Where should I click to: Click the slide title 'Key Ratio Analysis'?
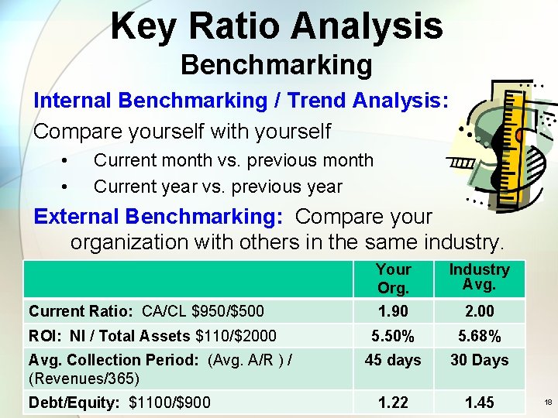276,26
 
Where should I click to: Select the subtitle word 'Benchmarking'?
276,65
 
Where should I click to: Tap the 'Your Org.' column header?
393,279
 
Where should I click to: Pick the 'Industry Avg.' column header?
479,277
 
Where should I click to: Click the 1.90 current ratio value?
393,311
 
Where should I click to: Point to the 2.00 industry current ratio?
479,311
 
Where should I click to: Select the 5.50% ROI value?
393,336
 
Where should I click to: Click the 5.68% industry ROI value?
479,336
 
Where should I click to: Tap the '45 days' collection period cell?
393,360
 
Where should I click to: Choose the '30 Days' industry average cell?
479,360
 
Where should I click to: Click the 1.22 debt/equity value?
393,403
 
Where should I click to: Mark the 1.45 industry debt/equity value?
479,403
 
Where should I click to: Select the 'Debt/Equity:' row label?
64,403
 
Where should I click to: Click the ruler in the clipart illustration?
513,147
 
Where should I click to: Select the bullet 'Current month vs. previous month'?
233,161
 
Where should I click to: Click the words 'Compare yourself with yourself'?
182,131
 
